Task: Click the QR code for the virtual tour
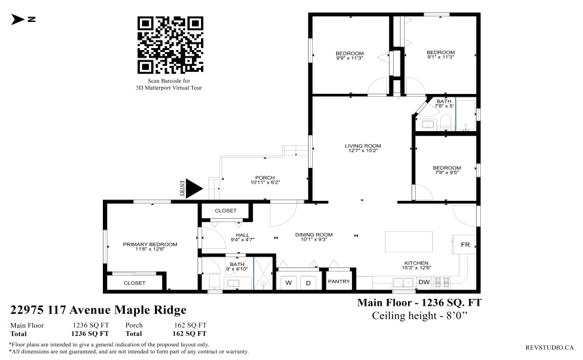point(170,45)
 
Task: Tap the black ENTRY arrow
point(193,189)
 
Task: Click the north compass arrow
point(17,19)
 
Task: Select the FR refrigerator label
point(465,244)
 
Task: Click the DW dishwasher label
point(424,282)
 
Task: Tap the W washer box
point(289,283)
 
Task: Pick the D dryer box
point(308,283)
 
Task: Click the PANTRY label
point(339,281)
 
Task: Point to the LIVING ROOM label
point(363,146)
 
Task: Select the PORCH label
point(265,178)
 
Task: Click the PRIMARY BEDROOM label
point(150,244)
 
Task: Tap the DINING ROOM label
point(314,235)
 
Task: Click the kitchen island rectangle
point(409,242)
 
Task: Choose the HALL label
point(242,235)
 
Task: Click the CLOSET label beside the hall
point(226,211)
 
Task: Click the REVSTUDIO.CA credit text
point(549,348)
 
